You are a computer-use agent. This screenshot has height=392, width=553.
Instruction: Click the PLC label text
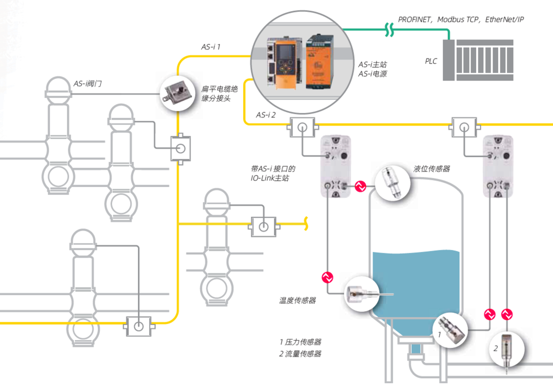click(x=431, y=61)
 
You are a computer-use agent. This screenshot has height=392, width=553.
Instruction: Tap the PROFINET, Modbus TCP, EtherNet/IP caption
click(x=461, y=19)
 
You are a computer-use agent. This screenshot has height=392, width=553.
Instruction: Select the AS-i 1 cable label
click(x=210, y=47)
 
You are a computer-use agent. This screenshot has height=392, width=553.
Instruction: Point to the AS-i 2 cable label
click(x=266, y=115)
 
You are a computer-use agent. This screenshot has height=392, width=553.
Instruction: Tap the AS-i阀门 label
click(x=88, y=83)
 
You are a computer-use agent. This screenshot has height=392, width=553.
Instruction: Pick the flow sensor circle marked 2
click(x=507, y=350)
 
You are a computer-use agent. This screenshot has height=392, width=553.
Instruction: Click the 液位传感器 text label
click(x=432, y=169)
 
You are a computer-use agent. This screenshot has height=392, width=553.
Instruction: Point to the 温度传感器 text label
click(x=297, y=300)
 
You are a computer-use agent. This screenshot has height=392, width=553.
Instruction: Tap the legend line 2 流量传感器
click(x=301, y=354)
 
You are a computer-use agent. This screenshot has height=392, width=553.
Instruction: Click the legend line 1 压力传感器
click(x=301, y=342)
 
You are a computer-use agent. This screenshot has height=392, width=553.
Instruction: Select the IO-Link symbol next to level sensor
click(x=361, y=187)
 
